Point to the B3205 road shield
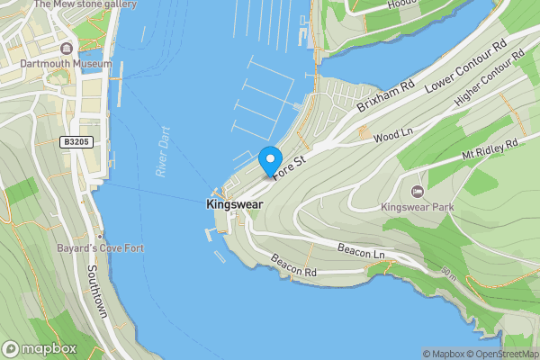pyautogui.click(x=77, y=142)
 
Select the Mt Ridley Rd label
pyautogui.click(x=490, y=149)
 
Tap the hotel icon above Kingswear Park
pyautogui.click(x=418, y=192)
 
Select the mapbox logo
pyautogui.click(x=40, y=348)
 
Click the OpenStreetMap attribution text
pyautogui.click(x=507, y=354)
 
